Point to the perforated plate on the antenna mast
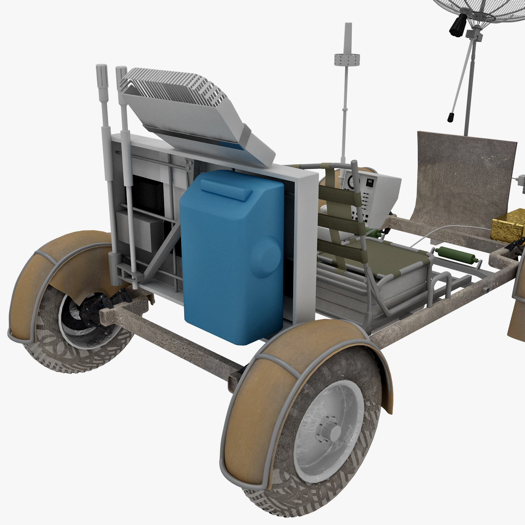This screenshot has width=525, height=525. click(x=346, y=59)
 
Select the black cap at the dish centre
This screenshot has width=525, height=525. click(x=458, y=25)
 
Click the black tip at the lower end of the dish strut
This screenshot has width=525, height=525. click(x=450, y=117)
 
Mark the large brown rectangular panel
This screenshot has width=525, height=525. click(x=464, y=175)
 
